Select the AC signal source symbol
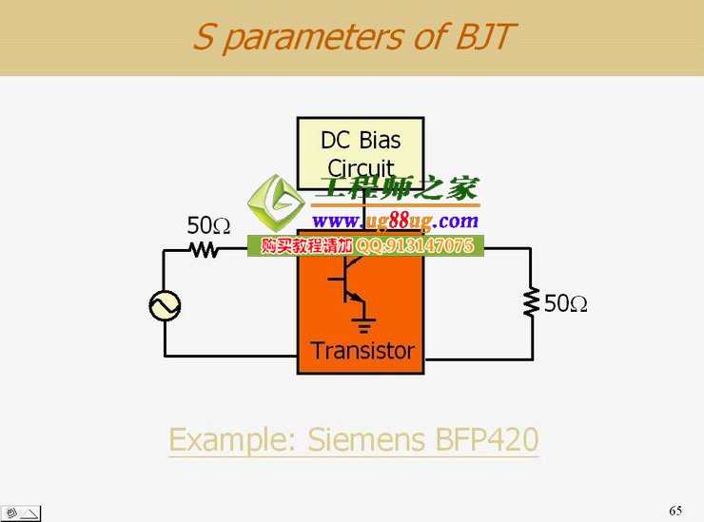pyautogui.click(x=165, y=305)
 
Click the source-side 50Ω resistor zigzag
pyautogui.click(x=204, y=249)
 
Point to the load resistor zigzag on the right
pyautogui.click(x=531, y=302)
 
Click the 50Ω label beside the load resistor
pyautogui.click(x=565, y=303)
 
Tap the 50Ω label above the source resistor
pyautogui.click(x=208, y=225)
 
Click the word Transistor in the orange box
pyautogui.click(x=362, y=350)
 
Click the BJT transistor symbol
pyautogui.click(x=346, y=281)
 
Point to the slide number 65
pyautogui.click(x=675, y=511)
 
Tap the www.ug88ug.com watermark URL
pyautogui.click(x=395, y=222)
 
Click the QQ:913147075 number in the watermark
pyautogui.click(x=427, y=245)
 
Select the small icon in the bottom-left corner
pyautogui.click(x=21, y=512)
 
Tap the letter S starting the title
pyautogui.click(x=204, y=37)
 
